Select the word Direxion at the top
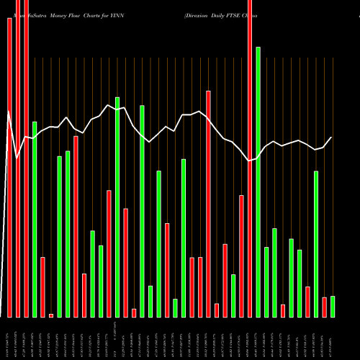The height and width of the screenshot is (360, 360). tap(198, 6)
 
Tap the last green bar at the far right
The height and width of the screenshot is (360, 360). tap(333, 307)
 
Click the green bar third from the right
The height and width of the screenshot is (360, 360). tap(316, 244)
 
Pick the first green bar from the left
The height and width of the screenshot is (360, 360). tap(35, 220)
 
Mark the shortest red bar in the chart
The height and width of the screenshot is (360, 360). tap(51, 315)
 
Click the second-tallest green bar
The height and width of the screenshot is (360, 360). tap(117, 207)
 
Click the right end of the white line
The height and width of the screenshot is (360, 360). tap(332, 138)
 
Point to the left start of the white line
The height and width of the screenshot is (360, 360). tap(9, 112)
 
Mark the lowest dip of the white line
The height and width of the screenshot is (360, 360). tap(250, 161)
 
